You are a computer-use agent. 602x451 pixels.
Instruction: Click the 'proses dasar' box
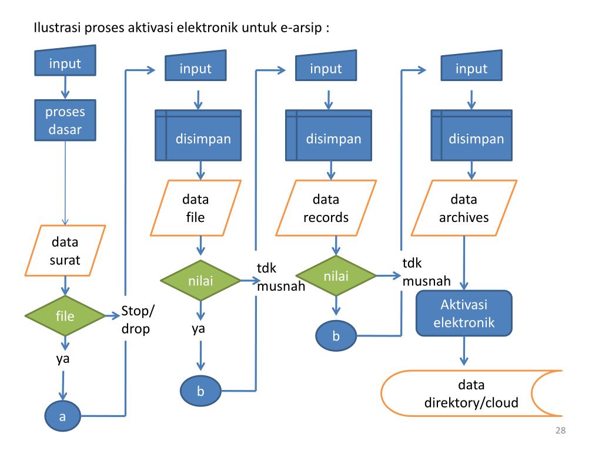click(65, 120)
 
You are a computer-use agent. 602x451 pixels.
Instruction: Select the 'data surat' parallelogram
click(65, 250)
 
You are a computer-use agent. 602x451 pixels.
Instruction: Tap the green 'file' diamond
click(65, 315)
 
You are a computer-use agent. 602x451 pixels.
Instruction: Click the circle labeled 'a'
click(62, 416)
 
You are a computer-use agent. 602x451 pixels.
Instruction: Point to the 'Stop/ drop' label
click(138, 319)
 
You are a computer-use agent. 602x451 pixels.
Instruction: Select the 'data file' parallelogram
click(195, 208)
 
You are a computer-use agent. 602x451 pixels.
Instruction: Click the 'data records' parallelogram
click(326, 208)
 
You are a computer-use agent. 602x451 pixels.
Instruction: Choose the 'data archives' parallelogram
click(464, 208)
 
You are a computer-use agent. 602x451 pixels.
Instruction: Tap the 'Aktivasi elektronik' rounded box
click(464, 313)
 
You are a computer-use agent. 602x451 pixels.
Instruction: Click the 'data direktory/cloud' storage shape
click(471, 393)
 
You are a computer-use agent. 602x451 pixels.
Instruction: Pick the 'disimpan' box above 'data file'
click(198, 135)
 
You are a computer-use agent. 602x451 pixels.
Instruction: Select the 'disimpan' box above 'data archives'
click(471, 135)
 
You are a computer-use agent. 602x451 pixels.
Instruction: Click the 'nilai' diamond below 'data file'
click(200, 280)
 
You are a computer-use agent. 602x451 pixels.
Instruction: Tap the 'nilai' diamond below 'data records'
click(336, 275)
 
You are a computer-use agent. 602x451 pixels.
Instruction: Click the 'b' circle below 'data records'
click(336, 336)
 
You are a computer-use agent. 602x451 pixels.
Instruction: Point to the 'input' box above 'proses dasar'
click(65, 60)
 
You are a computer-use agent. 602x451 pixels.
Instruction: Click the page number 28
click(560, 430)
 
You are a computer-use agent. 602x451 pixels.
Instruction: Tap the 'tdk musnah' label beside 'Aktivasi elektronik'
click(426, 272)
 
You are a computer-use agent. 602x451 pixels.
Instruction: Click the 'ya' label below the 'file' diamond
click(63, 359)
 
